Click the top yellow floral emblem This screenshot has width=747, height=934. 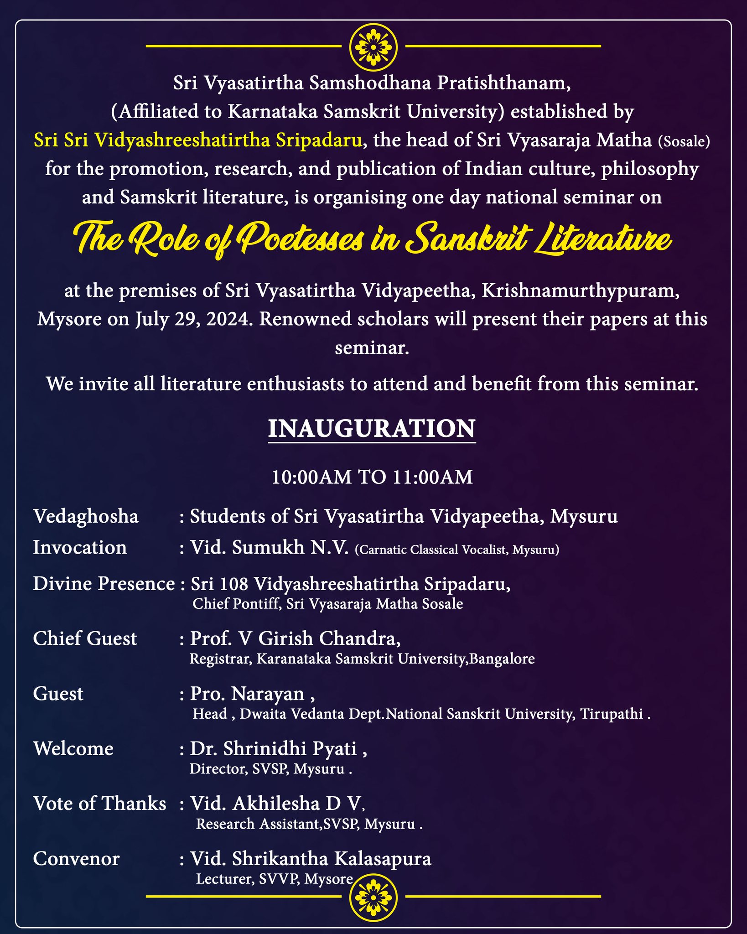click(373, 47)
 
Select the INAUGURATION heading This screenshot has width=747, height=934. click(371, 429)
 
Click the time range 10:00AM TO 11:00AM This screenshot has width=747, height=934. click(372, 477)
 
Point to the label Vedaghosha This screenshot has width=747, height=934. click(86, 517)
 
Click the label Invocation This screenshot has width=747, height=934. click(80, 548)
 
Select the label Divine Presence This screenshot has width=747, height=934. click(104, 584)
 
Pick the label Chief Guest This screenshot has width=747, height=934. click(85, 639)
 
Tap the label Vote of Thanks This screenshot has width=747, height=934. click(99, 804)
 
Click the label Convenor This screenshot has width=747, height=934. click(76, 859)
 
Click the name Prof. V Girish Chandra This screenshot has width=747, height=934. click(295, 639)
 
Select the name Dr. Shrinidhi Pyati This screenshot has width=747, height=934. click(278, 749)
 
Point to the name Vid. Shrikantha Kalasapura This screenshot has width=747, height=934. click(310, 859)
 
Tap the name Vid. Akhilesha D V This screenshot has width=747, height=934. click(277, 804)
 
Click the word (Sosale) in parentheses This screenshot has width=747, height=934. click(684, 141)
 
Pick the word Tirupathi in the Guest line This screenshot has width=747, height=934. click(611, 714)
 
